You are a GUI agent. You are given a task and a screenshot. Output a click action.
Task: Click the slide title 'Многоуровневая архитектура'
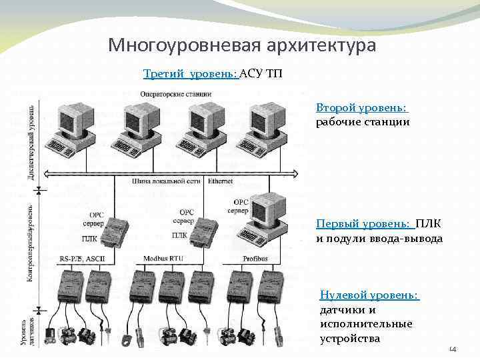click(x=242, y=45)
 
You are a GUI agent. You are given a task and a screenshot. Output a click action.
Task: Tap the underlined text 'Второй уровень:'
click(x=362, y=107)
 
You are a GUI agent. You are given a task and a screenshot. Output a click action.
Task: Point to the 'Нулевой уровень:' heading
click(x=369, y=295)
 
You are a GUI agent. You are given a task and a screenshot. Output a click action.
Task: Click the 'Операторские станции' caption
click(x=176, y=94)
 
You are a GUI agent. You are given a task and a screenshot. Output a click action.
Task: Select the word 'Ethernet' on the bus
click(x=221, y=181)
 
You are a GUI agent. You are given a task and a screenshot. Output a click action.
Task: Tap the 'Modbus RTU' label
click(x=163, y=257)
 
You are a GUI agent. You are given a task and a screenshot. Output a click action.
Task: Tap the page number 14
click(x=453, y=348)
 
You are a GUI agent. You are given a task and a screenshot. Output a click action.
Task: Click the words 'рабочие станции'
click(x=363, y=122)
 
